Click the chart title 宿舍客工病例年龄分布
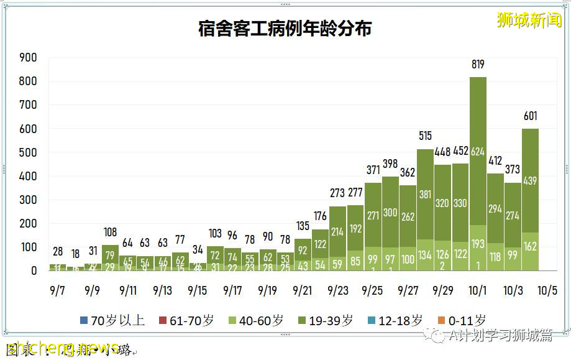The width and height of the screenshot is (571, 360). (x=285, y=29)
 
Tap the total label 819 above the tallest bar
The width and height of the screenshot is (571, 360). (x=477, y=64)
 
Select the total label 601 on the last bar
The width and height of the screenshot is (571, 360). (x=529, y=116)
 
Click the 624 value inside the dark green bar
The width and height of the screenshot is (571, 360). (x=477, y=152)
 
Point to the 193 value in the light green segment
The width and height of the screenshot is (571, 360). (x=477, y=243)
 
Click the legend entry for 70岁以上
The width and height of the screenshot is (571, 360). (x=112, y=320)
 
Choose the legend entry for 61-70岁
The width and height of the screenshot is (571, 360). (x=185, y=320)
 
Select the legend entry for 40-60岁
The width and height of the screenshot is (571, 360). (x=255, y=320)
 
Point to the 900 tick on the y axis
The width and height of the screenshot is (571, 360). (x=29, y=58)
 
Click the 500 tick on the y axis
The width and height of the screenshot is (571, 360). (x=29, y=153)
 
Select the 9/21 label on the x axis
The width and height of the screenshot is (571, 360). (x=303, y=290)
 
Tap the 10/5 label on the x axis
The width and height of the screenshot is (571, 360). (x=547, y=290)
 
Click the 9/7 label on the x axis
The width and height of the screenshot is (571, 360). (x=57, y=290)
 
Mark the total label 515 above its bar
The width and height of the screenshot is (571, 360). (x=425, y=136)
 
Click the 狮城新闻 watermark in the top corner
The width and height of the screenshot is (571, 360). (x=529, y=20)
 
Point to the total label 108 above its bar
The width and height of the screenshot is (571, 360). (x=110, y=233)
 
